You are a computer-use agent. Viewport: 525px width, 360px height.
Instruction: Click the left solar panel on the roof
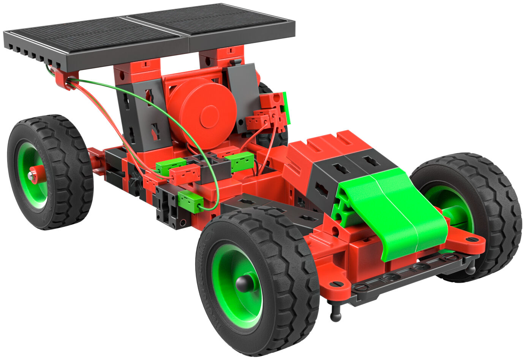pos(95,36)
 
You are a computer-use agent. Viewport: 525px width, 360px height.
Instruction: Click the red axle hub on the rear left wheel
pos(35,175)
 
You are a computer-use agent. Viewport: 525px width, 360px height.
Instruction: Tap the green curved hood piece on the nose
pos(395,213)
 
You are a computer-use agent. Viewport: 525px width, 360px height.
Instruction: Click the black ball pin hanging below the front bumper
pos(335,314)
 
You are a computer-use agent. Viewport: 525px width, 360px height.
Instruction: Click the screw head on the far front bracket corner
pos(472,239)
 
